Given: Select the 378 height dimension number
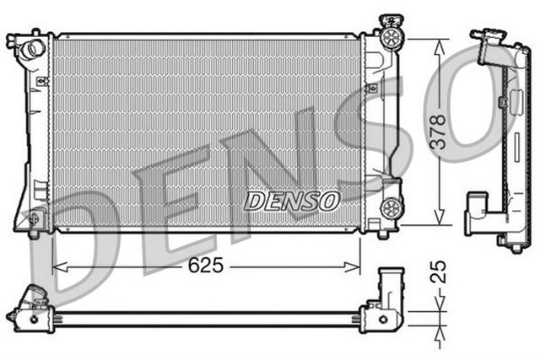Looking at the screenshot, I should [x=437, y=132].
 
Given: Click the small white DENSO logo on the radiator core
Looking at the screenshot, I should [x=292, y=201].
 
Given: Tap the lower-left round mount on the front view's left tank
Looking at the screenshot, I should [x=34, y=221].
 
